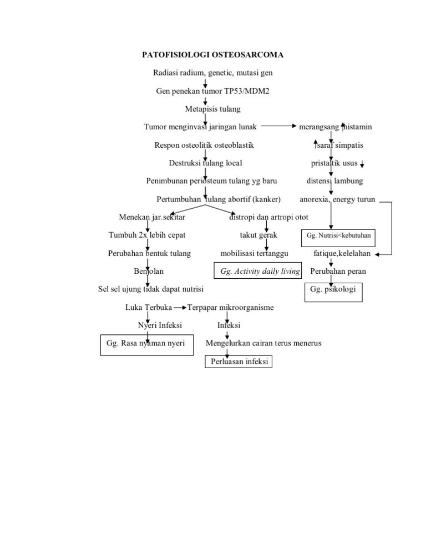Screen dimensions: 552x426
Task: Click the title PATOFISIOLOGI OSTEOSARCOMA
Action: point(213,55)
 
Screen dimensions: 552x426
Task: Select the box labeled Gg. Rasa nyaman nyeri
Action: point(146,344)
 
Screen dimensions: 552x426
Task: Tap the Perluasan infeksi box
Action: point(239,362)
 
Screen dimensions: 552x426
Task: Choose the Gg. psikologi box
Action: point(333,290)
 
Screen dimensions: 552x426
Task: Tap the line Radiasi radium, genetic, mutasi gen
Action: point(213,73)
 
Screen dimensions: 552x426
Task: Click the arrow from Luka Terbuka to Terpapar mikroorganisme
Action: point(180,307)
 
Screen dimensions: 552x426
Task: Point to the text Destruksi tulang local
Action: point(205,163)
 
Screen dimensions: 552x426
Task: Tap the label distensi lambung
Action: point(335,181)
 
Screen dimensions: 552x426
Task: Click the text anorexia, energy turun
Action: point(337,199)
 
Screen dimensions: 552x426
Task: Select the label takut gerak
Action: point(258,235)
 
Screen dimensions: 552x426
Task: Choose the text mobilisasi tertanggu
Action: point(255,254)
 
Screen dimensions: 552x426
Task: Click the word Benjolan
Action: point(148,272)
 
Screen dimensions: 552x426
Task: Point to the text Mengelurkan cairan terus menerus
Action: point(263,343)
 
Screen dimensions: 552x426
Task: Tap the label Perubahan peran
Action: point(338,272)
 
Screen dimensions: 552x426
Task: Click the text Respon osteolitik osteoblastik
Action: point(204,145)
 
